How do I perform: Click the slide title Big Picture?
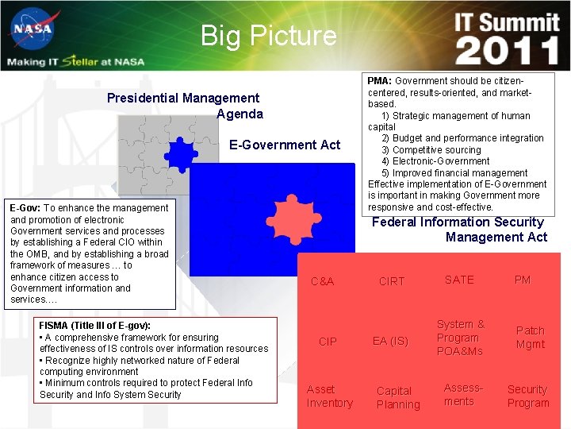pos(268,36)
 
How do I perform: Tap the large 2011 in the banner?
pos(508,52)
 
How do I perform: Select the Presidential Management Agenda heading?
pos(184,106)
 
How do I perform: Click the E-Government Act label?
pos(285,145)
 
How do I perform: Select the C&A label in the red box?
pos(322,281)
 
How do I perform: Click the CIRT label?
pos(392,281)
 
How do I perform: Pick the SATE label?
pos(459,280)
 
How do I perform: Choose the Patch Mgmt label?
pos(531,337)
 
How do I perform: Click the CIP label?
pos(328,342)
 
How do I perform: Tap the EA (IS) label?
pos(390,342)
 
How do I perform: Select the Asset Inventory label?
pos(329,396)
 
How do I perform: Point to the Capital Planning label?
pos(397,397)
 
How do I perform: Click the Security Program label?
pos(528,396)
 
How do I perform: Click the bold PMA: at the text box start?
pos(379,81)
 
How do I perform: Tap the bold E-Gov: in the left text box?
pos(25,208)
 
